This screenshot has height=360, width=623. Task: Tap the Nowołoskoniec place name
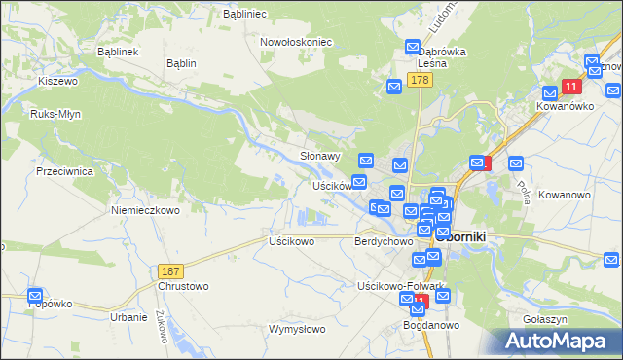tap(296, 42)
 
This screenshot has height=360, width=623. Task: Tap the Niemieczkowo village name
tap(145, 209)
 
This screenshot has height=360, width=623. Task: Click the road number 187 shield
tap(169, 269)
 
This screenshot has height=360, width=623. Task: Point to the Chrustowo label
tap(183, 287)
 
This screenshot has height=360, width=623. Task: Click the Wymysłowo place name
tap(297, 329)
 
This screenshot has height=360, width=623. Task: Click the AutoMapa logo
tap(555, 342)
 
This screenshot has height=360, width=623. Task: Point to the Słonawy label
tap(319, 156)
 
